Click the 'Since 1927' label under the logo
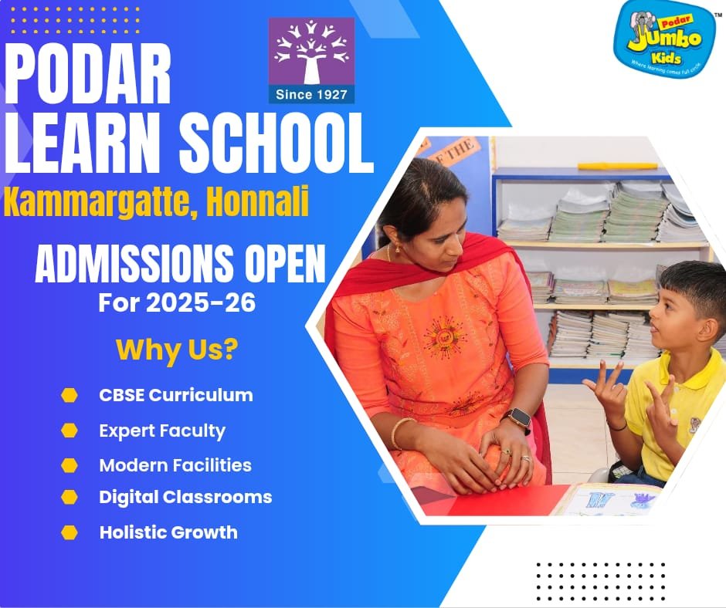(311, 95)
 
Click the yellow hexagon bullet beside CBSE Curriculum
(70, 396)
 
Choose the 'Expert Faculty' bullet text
(162, 431)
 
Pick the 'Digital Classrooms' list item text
(185, 497)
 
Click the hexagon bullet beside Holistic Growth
(70, 532)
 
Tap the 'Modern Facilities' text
(175, 465)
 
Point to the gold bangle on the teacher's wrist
(400, 433)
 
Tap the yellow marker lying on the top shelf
(617, 166)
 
